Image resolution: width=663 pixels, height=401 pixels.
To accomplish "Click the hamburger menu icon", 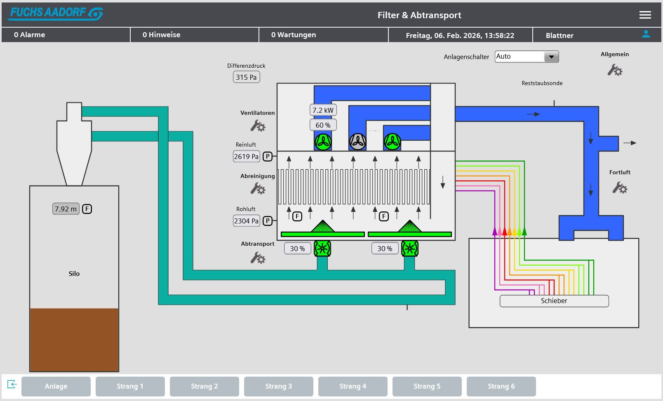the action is (645, 15).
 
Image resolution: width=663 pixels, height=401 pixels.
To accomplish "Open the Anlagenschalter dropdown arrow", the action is (551, 57).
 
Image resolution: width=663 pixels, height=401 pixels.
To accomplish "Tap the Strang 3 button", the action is (279, 386).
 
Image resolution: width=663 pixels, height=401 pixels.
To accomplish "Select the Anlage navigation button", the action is (56, 386).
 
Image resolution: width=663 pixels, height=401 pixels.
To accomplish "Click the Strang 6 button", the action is (501, 386).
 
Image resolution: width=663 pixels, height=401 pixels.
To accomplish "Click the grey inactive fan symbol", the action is (358, 142).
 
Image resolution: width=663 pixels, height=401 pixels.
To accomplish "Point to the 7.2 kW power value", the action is (323, 110).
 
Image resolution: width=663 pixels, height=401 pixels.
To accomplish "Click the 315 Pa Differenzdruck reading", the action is (246, 77).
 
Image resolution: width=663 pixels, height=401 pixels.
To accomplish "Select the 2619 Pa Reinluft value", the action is (246, 156).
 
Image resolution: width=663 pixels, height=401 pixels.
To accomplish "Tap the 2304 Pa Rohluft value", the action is (246, 221).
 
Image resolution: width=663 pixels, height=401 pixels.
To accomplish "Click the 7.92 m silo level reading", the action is (66, 209).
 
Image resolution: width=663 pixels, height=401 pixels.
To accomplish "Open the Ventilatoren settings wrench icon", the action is (258, 126).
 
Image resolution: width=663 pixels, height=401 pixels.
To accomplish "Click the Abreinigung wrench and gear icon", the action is (258, 188).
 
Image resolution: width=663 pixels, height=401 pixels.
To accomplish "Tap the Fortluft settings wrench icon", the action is (620, 187).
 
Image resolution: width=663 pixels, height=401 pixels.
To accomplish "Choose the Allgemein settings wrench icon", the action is (615, 70).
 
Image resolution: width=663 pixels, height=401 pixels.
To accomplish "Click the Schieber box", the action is (554, 301).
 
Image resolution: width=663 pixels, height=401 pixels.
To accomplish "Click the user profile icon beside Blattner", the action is (646, 34).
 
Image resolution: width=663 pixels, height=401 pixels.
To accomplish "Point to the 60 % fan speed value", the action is (323, 125).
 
